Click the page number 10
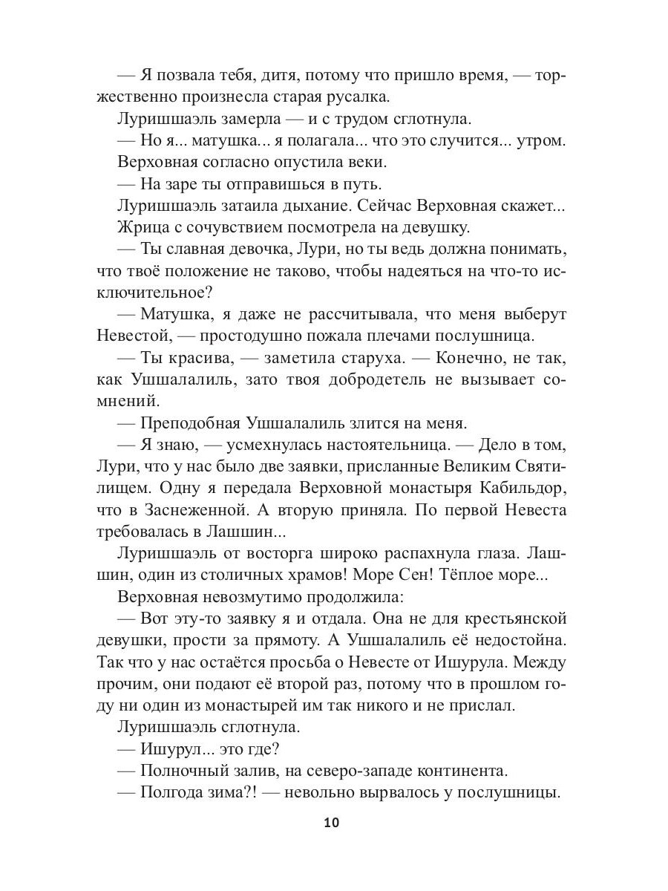[332, 823]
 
